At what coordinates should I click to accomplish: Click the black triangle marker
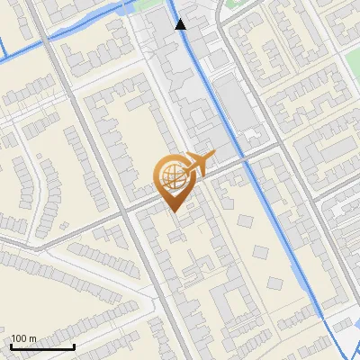(181, 24)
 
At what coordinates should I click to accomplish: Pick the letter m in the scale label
(33, 339)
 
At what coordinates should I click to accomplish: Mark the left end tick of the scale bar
(11, 346)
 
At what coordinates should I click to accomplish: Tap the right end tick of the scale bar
(74, 346)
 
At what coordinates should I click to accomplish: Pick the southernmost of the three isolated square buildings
(275, 283)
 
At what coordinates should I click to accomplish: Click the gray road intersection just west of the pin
(127, 210)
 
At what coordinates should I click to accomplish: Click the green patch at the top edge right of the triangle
(236, 7)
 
